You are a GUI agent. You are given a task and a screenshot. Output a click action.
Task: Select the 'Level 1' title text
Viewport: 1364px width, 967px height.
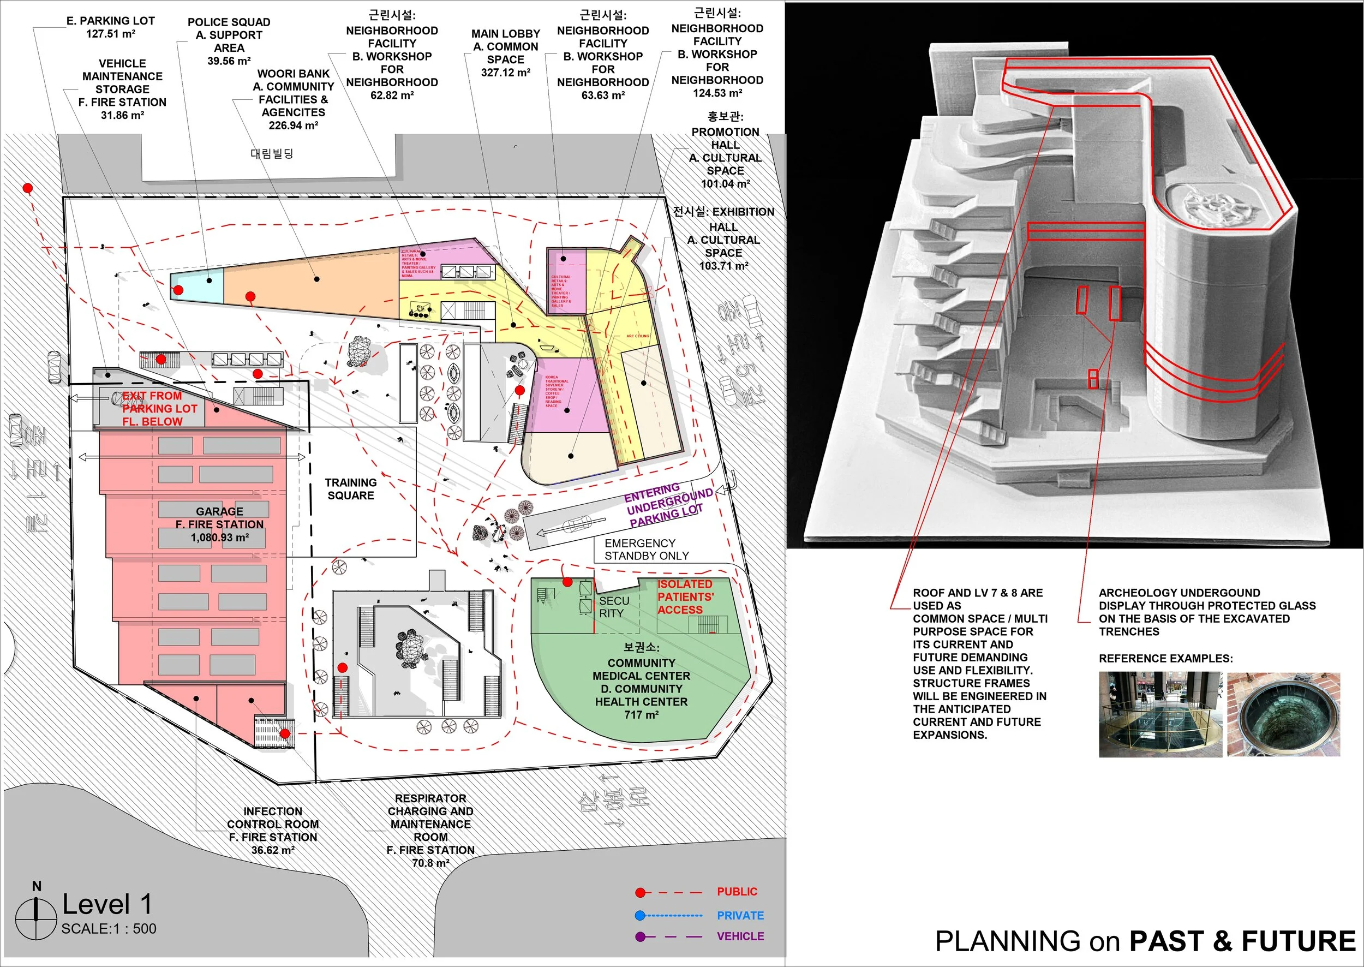107,904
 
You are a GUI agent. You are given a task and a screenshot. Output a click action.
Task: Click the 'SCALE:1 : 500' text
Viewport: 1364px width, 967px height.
109,928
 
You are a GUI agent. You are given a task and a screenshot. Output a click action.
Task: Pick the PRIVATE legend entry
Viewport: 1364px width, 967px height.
739,915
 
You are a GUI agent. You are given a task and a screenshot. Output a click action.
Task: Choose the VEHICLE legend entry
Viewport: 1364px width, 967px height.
740,936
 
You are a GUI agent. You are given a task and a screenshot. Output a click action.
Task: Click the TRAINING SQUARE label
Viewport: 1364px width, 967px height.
351,489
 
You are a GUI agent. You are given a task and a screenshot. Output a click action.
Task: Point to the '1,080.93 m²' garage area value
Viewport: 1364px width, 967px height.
220,537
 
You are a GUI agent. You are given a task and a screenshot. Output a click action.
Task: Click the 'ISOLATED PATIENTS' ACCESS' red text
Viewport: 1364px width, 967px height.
685,596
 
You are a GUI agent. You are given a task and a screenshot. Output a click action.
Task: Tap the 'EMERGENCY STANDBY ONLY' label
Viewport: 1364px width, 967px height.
646,549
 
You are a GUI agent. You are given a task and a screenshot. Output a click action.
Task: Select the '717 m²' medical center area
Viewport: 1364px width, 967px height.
641,714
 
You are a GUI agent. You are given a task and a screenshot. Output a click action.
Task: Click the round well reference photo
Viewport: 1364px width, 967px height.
1283,714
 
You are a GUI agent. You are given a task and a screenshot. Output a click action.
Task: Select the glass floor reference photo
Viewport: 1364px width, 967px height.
1160,714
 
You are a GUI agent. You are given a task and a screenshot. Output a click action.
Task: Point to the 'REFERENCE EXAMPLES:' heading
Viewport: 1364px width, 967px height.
1165,659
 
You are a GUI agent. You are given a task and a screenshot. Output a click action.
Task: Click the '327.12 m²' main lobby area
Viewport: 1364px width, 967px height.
505,73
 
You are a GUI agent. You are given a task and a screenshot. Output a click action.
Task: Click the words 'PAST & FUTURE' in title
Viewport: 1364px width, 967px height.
1242,941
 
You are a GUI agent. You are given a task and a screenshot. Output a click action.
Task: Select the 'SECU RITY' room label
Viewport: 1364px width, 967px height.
613,607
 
